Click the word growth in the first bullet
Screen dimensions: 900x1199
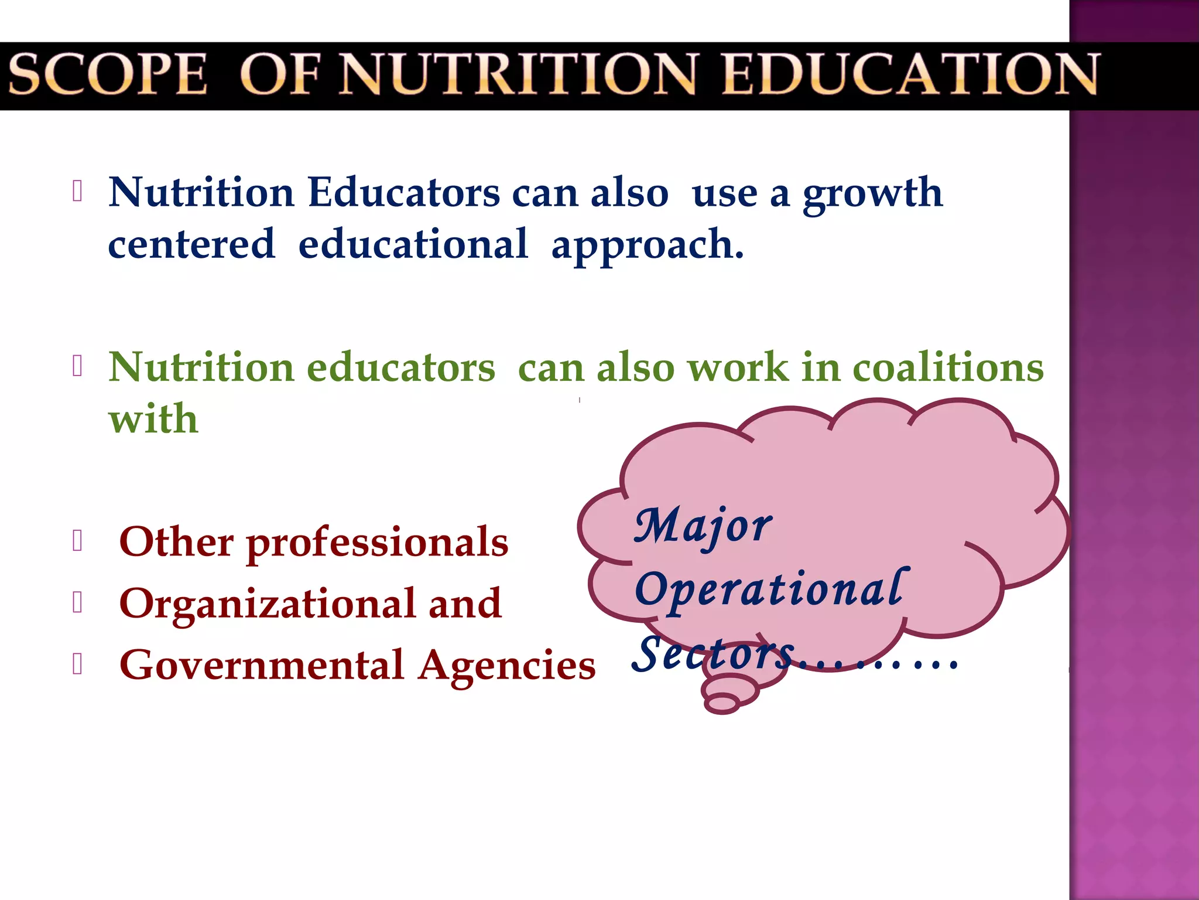coord(872,193)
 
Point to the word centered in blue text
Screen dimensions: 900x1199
coord(191,244)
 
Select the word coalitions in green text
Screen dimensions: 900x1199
coord(948,368)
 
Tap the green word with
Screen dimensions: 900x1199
coord(153,419)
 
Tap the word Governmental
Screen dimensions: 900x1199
coord(262,666)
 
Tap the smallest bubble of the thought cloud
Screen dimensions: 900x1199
coord(722,703)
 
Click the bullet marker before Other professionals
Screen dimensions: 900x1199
coord(77,541)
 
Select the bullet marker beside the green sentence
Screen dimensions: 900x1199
coord(77,366)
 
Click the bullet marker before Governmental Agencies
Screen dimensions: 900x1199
coord(77,664)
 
